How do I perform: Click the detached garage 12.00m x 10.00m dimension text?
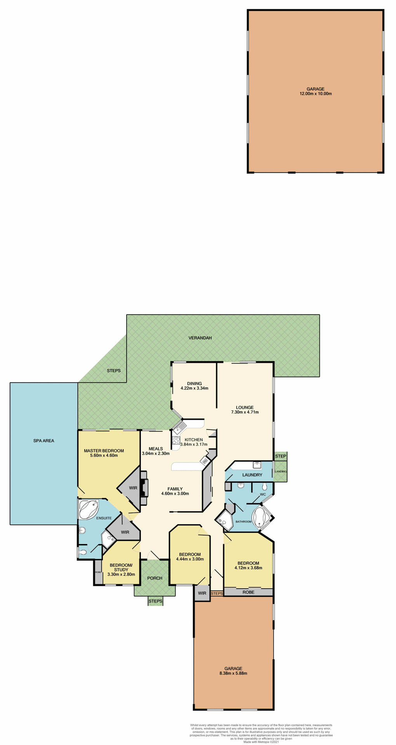315,94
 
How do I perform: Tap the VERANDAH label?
200,338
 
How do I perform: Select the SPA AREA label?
43,440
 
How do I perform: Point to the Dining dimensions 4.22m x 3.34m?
195,388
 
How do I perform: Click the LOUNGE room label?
245,407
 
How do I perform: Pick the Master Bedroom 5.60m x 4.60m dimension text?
104,456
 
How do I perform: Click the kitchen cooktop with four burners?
175,441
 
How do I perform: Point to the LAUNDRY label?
252,475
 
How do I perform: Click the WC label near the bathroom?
262,495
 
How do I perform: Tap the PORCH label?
155,578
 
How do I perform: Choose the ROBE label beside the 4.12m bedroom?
248,592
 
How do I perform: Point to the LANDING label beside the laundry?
280,471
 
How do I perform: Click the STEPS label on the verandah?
114,371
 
